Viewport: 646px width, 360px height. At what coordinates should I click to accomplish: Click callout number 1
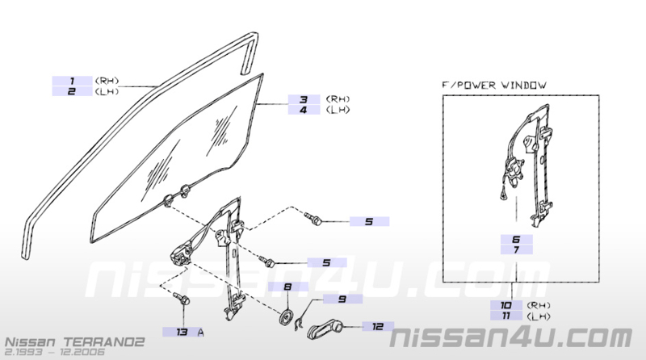[x=72, y=81]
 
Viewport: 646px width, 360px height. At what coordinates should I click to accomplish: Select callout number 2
[x=72, y=91]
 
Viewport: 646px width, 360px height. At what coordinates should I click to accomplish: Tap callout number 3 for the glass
[x=304, y=99]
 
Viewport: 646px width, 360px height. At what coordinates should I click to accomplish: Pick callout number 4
[x=304, y=110]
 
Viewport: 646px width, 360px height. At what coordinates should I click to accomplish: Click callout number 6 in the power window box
[x=516, y=239]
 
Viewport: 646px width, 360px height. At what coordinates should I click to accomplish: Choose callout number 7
[x=516, y=249]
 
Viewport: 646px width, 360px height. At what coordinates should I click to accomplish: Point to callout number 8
[x=287, y=287]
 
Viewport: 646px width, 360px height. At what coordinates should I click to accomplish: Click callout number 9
[x=342, y=299]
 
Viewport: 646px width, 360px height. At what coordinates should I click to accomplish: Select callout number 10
[x=506, y=305]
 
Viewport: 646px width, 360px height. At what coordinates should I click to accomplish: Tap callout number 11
[x=506, y=316]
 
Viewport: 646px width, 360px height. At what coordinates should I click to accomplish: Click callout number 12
[x=378, y=327]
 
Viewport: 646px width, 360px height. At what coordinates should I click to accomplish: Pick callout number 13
[x=182, y=332]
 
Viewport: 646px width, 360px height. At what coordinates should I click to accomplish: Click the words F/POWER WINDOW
[x=494, y=86]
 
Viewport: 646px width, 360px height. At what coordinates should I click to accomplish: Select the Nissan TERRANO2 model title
[x=74, y=342]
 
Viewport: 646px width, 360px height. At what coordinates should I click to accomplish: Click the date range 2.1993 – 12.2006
[x=55, y=352]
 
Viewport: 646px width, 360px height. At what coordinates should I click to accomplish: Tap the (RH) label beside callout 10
[x=539, y=305]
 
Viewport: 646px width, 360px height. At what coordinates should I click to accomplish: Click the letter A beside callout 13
[x=200, y=332]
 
